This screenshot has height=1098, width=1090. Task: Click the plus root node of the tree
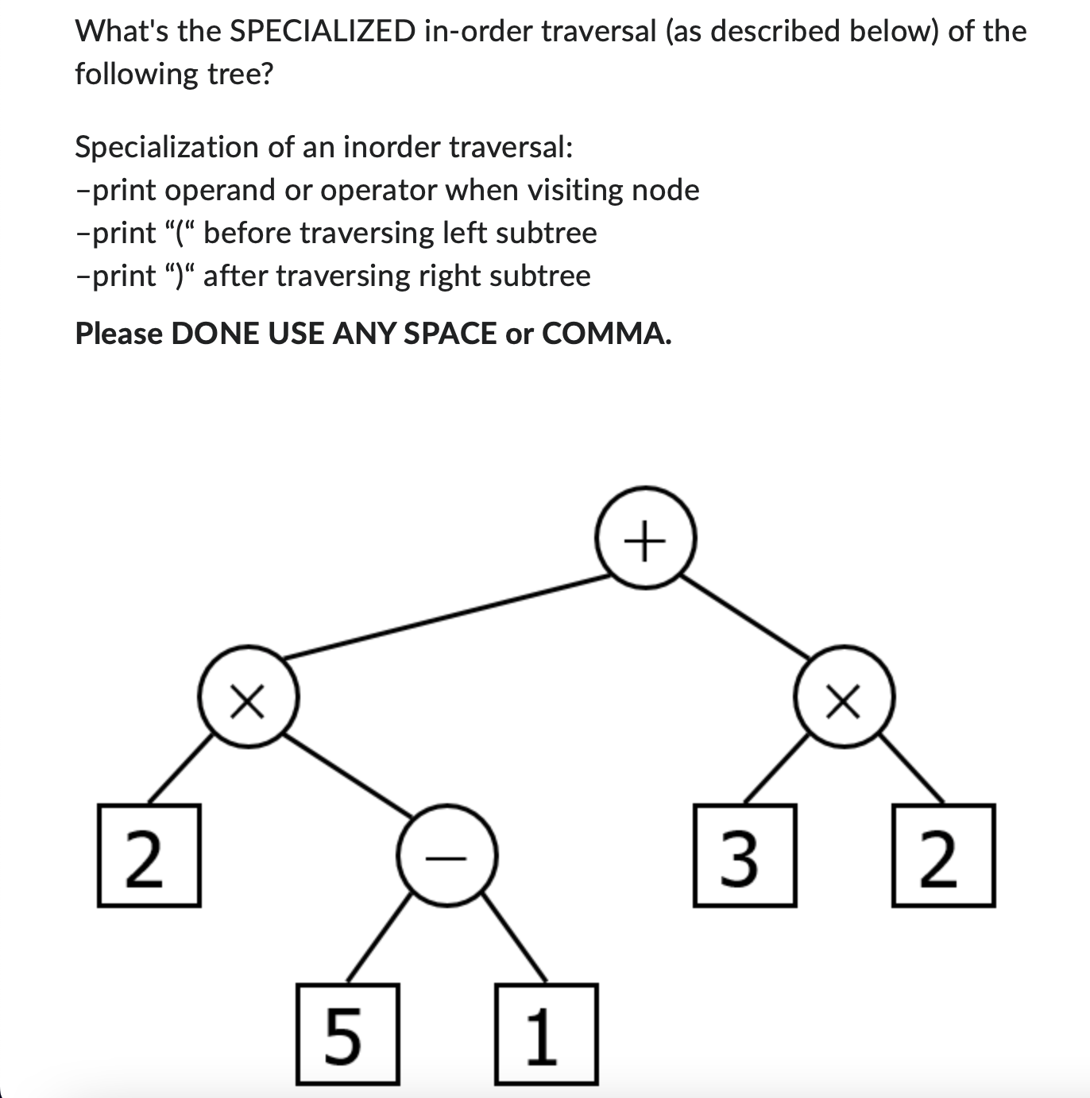(646, 538)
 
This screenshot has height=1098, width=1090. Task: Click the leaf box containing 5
(347, 1034)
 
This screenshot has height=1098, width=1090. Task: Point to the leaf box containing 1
(546, 1034)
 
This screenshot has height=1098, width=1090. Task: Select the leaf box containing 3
(744, 856)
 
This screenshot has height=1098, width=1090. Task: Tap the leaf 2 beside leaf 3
(943, 856)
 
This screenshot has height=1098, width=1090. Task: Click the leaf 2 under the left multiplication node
(149, 856)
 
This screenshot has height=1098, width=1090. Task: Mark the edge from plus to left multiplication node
(445, 617)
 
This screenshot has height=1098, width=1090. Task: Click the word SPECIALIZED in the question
(321, 32)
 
